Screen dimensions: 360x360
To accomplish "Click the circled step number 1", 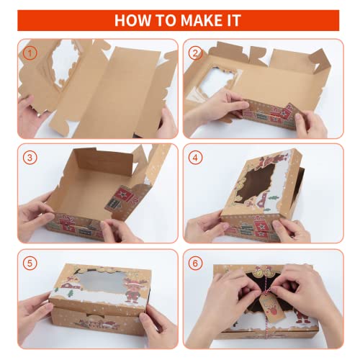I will point(29,53).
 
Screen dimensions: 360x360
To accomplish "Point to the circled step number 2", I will point(195,53).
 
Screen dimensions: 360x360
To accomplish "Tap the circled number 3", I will point(29,157).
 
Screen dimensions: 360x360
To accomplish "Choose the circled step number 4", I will point(195,157).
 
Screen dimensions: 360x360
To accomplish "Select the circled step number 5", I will point(29,262).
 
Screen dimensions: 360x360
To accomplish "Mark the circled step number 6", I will point(195,262).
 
